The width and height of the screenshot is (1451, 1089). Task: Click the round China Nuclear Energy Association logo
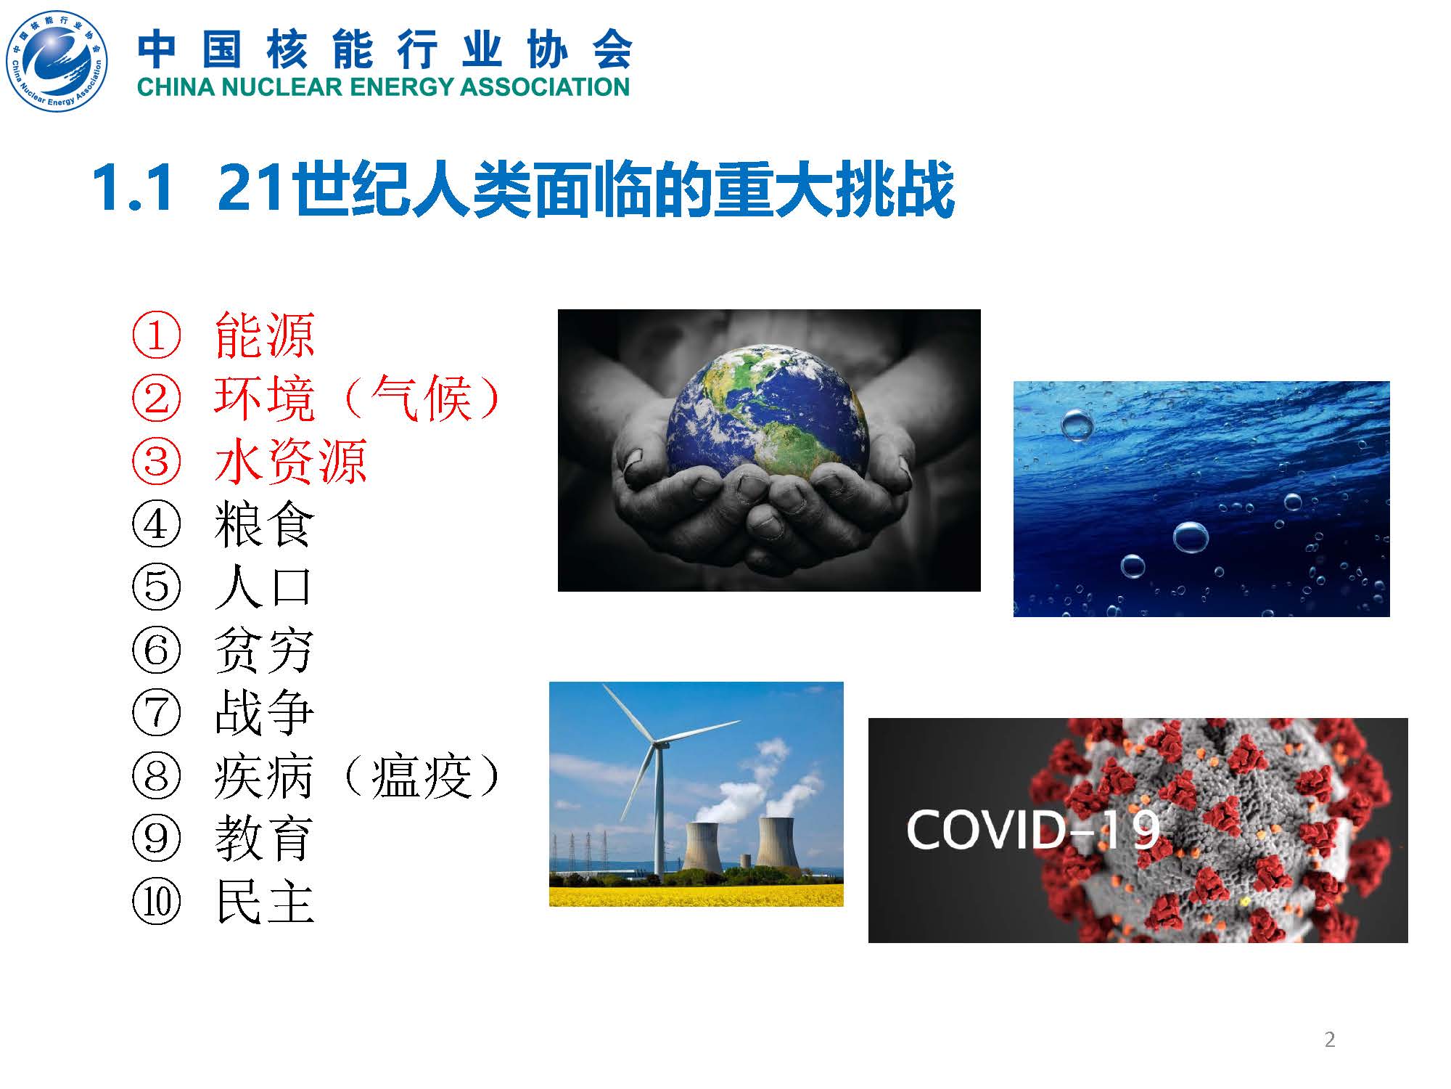pyautogui.click(x=57, y=62)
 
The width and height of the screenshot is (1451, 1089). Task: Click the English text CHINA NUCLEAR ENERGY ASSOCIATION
pyautogui.click(x=383, y=87)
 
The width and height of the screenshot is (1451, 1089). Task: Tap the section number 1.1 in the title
pyautogui.click(x=133, y=189)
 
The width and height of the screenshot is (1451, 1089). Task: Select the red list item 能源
pyautogui.click(x=265, y=335)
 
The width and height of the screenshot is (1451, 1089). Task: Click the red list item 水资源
pyautogui.click(x=291, y=461)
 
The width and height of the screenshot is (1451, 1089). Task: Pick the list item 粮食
pyautogui.click(x=265, y=524)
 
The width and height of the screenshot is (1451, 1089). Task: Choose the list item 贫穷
pyautogui.click(x=265, y=650)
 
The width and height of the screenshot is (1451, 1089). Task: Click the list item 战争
pyautogui.click(x=265, y=712)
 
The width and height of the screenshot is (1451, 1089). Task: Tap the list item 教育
pyautogui.click(x=265, y=838)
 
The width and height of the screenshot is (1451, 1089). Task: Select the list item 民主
pyautogui.click(x=265, y=901)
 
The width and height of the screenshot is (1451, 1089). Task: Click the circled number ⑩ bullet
pyautogui.click(x=156, y=901)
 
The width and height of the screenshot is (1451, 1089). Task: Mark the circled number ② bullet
pyautogui.click(x=156, y=398)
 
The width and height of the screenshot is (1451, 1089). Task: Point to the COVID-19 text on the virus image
pyautogui.click(x=1034, y=829)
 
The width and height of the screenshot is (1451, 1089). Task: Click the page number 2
pyautogui.click(x=1330, y=1040)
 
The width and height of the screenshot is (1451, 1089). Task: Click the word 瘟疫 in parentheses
pyautogui.click(x=422, y=775)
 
